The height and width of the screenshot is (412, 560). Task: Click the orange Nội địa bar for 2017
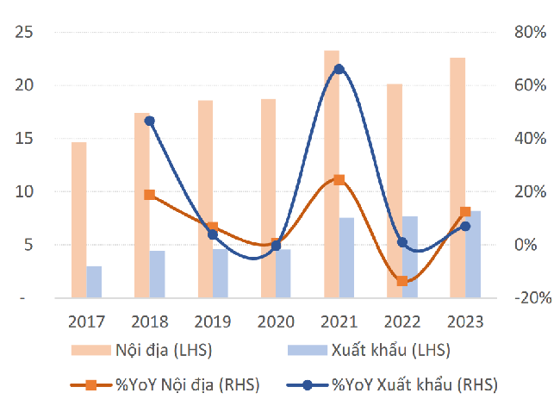pos(78,220)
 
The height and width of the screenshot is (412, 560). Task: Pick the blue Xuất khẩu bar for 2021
pos(346,258)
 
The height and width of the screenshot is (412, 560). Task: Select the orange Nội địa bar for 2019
pos(205,199)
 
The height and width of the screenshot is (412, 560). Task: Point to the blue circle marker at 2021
pos(339,69)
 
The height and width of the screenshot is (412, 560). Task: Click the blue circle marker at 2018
pos(149,121)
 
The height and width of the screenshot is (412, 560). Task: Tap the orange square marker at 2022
pos(402,281)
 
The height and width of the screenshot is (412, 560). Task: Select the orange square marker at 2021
pos(339,180)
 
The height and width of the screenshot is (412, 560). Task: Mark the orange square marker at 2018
pos(149,195)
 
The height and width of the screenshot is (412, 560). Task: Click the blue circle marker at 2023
pos(465,226)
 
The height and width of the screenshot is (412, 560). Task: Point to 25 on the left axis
pos(26,32)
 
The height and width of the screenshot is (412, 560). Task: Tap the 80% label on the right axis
pos(532,32)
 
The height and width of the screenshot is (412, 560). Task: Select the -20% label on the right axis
pos(530,297)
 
